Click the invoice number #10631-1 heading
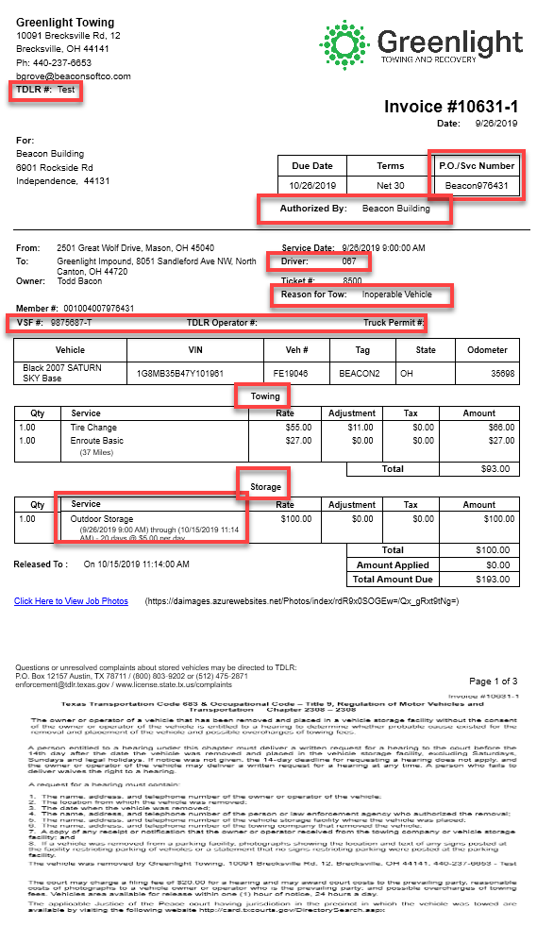(451, 107)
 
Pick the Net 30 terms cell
(391, 185)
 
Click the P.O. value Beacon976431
(477, 186)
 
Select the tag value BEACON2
(359, 374)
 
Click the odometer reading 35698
(503, 374)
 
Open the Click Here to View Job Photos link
(71, 601)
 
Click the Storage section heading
(265, 487)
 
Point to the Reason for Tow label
(314, 295)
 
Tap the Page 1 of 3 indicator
(494, 681)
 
